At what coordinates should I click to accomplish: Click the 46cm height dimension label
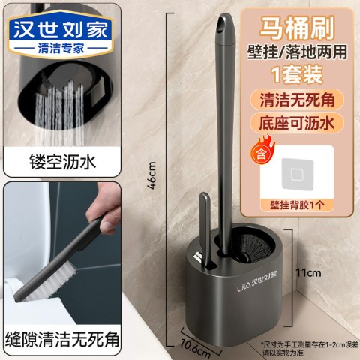(x=151, y=175)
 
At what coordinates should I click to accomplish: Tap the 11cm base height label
(x=308, y=272)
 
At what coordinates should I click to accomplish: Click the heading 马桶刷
(x=297, y=28)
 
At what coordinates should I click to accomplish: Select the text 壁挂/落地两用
(x=297, y=52)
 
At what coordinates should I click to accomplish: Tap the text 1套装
(x=297, y=74)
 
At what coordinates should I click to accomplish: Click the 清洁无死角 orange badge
(x=297, y=100)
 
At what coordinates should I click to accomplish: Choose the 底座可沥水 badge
(x=297, y=123)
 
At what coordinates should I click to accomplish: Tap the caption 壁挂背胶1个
(x=297, y=205)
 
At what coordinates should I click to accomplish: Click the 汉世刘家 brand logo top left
(x=61, y=29)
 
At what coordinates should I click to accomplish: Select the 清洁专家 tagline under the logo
(x=61, y=48)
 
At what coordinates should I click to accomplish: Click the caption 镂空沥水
(x=63, y=162)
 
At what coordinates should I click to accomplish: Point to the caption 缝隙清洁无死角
(x=63, y=339)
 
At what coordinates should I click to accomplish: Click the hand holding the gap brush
(x=105, y=208)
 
